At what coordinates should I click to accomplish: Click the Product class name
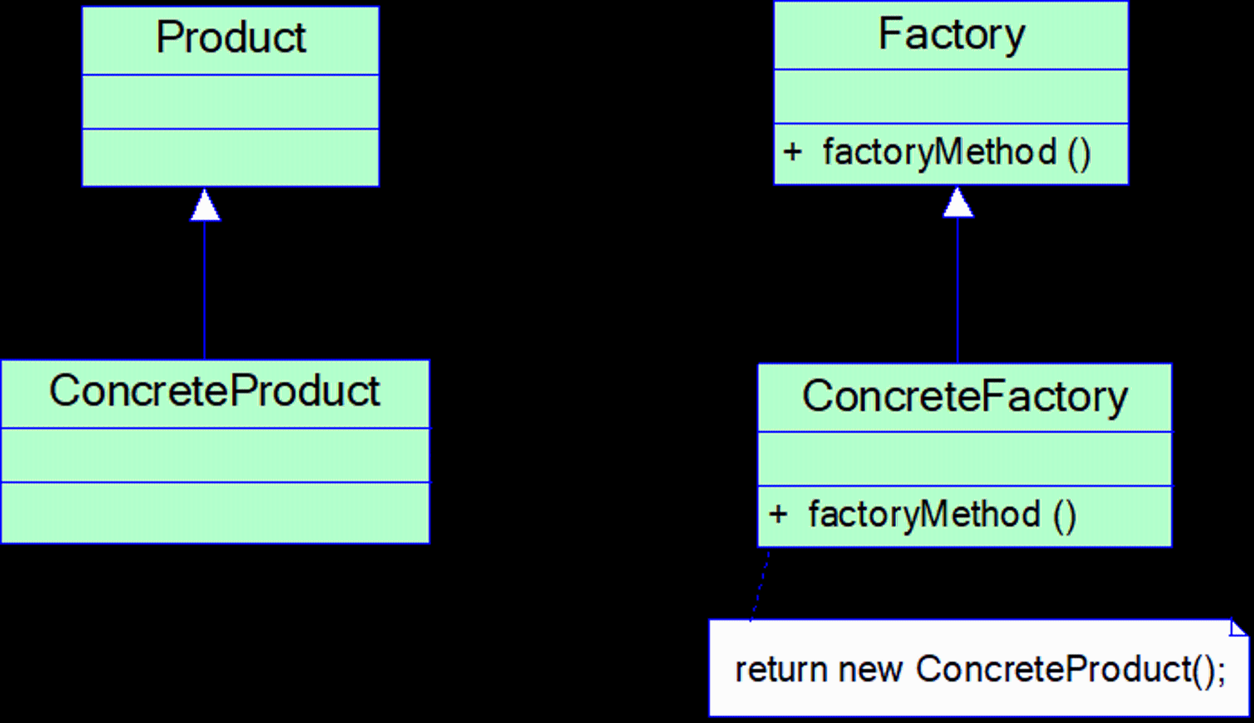pos(231,37)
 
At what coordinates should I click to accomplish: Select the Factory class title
pos(951,35)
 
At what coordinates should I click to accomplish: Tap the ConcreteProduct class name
pos(214,390)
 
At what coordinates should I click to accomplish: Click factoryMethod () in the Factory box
pos(957,153)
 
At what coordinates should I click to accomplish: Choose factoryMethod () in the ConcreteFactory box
pos(942,515)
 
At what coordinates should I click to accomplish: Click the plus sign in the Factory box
pos(793,152)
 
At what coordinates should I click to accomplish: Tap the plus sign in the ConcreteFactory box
pos(777,514)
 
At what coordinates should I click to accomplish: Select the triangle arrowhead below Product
pos(205,205)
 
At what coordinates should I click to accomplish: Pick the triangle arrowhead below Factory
pos(958,203)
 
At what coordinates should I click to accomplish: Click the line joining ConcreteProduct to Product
pos(204,290)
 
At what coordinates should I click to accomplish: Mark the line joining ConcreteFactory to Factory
pos(957,290)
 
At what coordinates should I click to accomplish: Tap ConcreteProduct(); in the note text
pos(1070,670)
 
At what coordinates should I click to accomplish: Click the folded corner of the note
pos(1238,628)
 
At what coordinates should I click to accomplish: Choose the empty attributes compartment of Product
pos(231,102)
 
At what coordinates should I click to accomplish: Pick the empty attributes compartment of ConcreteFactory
pos(964,458)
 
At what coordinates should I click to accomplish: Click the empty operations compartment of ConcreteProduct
pos(215,512)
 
